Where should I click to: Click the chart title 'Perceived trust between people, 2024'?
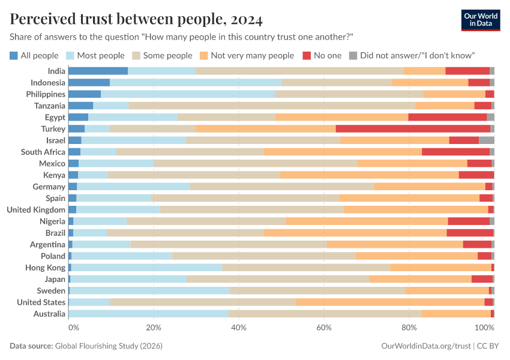click(136, 19)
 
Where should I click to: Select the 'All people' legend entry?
click(34, 55)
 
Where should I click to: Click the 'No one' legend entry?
click(322, 55)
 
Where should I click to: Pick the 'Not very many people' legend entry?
click(247, 55)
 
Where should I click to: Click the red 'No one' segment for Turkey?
click(413, 129)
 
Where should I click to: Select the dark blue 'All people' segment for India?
click(98, 71)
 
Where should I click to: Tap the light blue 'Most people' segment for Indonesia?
click(196, 82)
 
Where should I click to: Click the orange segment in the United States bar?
click(390, 302)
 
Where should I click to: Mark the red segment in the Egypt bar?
click(447, 117)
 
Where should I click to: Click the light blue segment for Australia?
click(148, 314)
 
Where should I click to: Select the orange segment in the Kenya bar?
click(370, 175)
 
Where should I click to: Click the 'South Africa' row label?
click(43, 152)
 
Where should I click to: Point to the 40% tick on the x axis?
click(239, 328)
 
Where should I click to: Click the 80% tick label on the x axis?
click(409, 328)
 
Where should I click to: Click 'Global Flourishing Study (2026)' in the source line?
click(109, 346)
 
